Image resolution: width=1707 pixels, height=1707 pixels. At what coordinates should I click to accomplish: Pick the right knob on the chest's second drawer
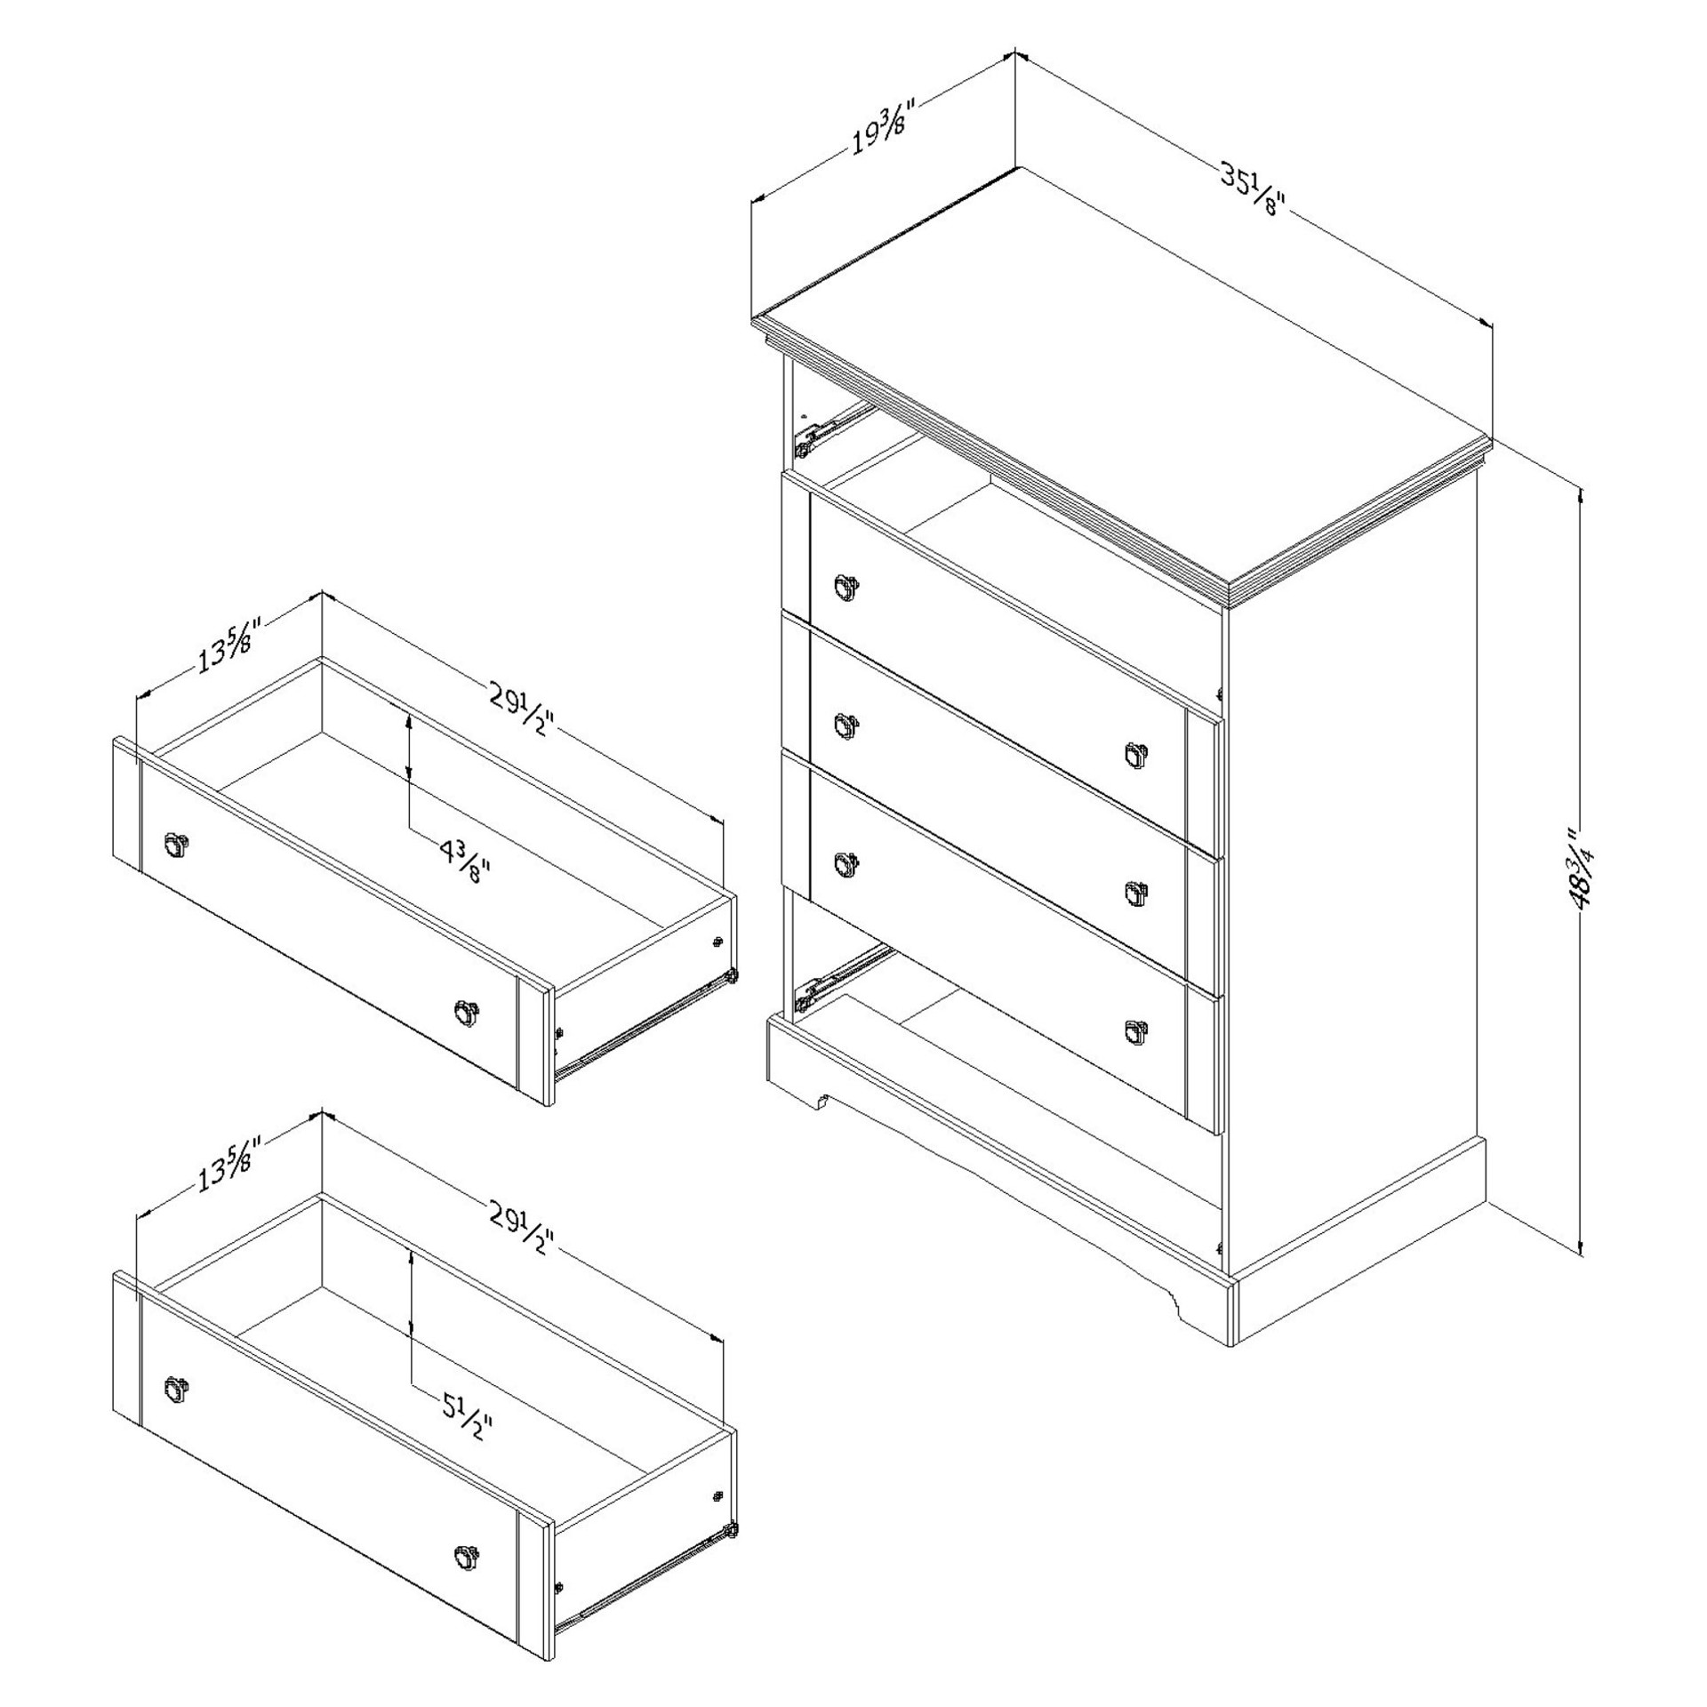(x=1137, y=755)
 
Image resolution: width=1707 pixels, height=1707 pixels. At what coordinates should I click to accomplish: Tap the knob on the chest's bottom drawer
(x=1137, y=1030)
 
